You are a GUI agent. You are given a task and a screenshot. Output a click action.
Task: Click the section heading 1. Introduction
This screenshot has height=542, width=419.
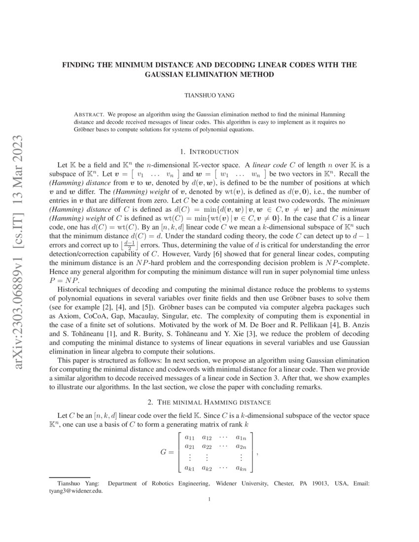tap(209, 151)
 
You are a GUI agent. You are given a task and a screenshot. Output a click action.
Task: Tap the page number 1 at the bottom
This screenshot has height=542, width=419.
tap(209, 500)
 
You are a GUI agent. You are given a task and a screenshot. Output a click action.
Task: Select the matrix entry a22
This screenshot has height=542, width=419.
tap(207, 446)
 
